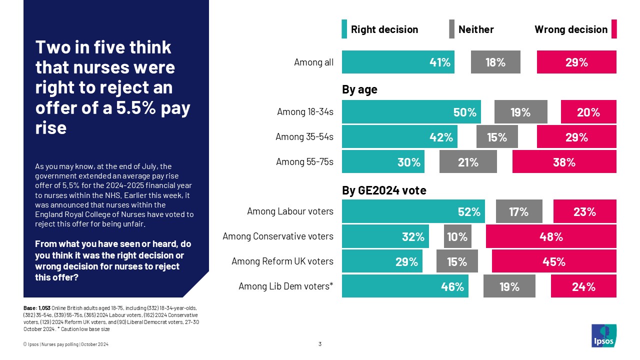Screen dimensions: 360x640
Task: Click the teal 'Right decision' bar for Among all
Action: coord(398,62)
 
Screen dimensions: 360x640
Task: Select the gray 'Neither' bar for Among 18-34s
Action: coord(520,112)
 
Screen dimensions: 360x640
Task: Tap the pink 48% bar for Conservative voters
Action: coord(551,236)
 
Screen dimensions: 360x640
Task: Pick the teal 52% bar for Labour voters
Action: coord(413,211)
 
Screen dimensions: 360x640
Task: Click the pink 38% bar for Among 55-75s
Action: coord(564,162)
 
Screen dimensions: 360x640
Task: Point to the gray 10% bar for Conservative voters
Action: coord(457,236)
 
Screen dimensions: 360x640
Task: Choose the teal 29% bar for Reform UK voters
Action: coord(382,261)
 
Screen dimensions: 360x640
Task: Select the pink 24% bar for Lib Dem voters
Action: coord(583,286)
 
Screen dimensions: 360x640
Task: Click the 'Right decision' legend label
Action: coord(384,29)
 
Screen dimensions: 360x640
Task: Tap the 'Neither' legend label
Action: coord(476,29)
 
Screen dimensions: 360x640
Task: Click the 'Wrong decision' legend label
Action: coord(570,29)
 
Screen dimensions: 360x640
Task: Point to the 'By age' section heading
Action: coord(359,90)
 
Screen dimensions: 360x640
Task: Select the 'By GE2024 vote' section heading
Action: coord(384,190)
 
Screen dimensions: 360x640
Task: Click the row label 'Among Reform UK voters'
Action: coord(282,261)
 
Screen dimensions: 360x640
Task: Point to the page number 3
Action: coord(320,344)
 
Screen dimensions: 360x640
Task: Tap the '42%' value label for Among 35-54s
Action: coord(440,137)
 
